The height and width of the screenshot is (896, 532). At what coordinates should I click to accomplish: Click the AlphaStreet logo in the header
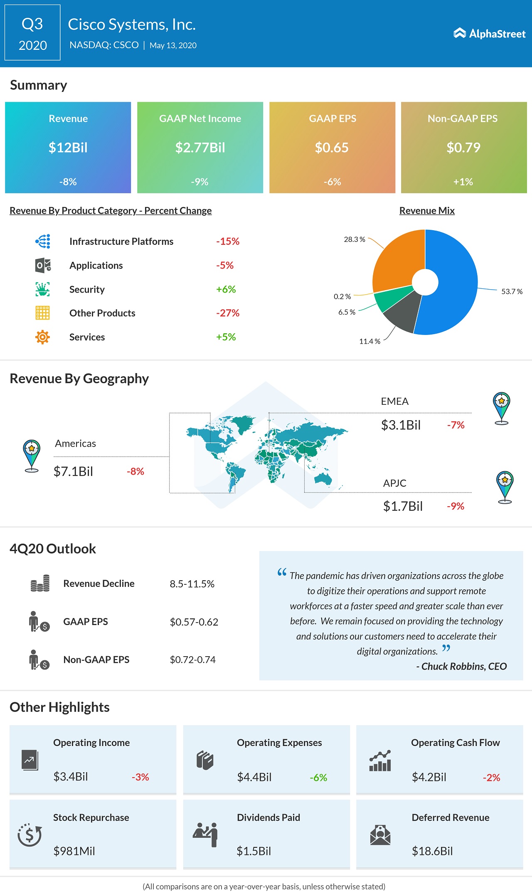pos(489,34)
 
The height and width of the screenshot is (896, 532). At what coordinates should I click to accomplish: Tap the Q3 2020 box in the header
pos(32,33)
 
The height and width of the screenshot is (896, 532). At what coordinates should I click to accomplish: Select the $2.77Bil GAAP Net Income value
pos(200,148)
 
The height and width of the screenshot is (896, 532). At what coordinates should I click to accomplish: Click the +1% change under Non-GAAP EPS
pos(463,182)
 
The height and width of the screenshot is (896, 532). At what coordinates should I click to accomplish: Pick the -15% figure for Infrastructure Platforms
pos(228,241)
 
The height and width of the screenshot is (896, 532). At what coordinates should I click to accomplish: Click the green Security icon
pos(42,289)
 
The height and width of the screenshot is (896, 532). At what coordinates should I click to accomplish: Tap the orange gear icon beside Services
pos(42,337)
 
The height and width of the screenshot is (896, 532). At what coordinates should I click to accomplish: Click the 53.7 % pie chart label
pos(512,291)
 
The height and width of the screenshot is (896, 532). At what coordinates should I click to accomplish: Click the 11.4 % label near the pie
pos(369,341)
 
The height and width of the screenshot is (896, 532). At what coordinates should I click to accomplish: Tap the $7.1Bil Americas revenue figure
pos(73,471)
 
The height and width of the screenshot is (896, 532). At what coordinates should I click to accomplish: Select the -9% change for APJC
pos(456,506)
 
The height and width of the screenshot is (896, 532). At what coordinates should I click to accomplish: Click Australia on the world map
pos(323,479)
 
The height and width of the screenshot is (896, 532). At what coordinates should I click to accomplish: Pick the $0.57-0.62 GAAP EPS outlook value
pos(194,622)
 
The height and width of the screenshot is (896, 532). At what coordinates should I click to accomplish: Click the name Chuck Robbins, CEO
pos(464,667)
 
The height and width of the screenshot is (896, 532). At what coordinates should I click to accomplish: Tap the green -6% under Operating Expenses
pos(318,778)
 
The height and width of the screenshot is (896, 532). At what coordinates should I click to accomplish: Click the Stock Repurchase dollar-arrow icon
pos(30,834)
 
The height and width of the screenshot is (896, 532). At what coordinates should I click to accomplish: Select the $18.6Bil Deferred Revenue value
pos(432,851)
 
